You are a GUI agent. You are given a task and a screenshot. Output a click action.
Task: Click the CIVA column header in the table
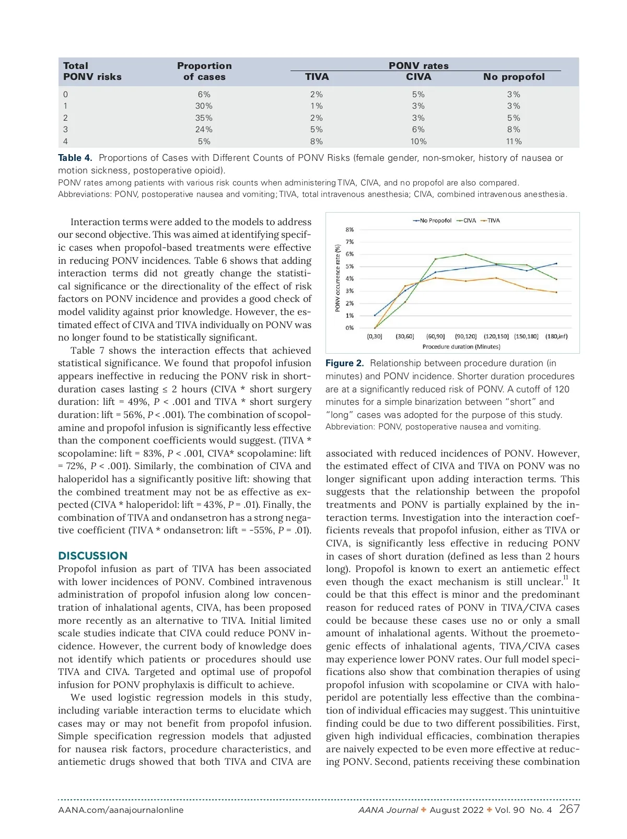pyautogui.click(x=419, y=77)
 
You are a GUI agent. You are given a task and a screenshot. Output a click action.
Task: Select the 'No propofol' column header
pyautogui.click(x=514, y=77)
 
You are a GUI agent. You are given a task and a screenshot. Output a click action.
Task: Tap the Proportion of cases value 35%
pyautogui.click(x=204, y=118)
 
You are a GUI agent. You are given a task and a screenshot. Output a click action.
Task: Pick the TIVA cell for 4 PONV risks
pyautogui.click(x=316, y=142)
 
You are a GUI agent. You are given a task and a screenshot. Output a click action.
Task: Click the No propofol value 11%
pyautogui.click(x=514, y=142)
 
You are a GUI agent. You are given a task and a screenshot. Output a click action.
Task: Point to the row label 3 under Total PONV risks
pyautogui.click(x=65, y=130)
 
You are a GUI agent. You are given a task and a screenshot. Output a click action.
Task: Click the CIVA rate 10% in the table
pyautogui.click(x=418, y=142)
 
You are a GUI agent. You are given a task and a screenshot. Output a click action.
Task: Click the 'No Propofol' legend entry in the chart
pyautogui.click(x=433, y=220)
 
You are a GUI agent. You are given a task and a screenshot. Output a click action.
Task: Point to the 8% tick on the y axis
pyautogui.click(x=350, y=230)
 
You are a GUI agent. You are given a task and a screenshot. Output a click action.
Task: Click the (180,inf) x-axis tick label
pyautogui.click(x=556, y=336)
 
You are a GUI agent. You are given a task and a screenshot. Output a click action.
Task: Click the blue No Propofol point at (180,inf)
pyautogui.click(x=556, y=263)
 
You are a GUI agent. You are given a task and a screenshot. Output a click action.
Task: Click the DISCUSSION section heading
pyautogui.click(x=93, y=556)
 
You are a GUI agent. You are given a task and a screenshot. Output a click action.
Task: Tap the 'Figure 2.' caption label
pyautogui.click(x=344, y=363)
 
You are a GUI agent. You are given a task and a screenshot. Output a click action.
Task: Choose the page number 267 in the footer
pyautogui.click(x=569, y=809)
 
